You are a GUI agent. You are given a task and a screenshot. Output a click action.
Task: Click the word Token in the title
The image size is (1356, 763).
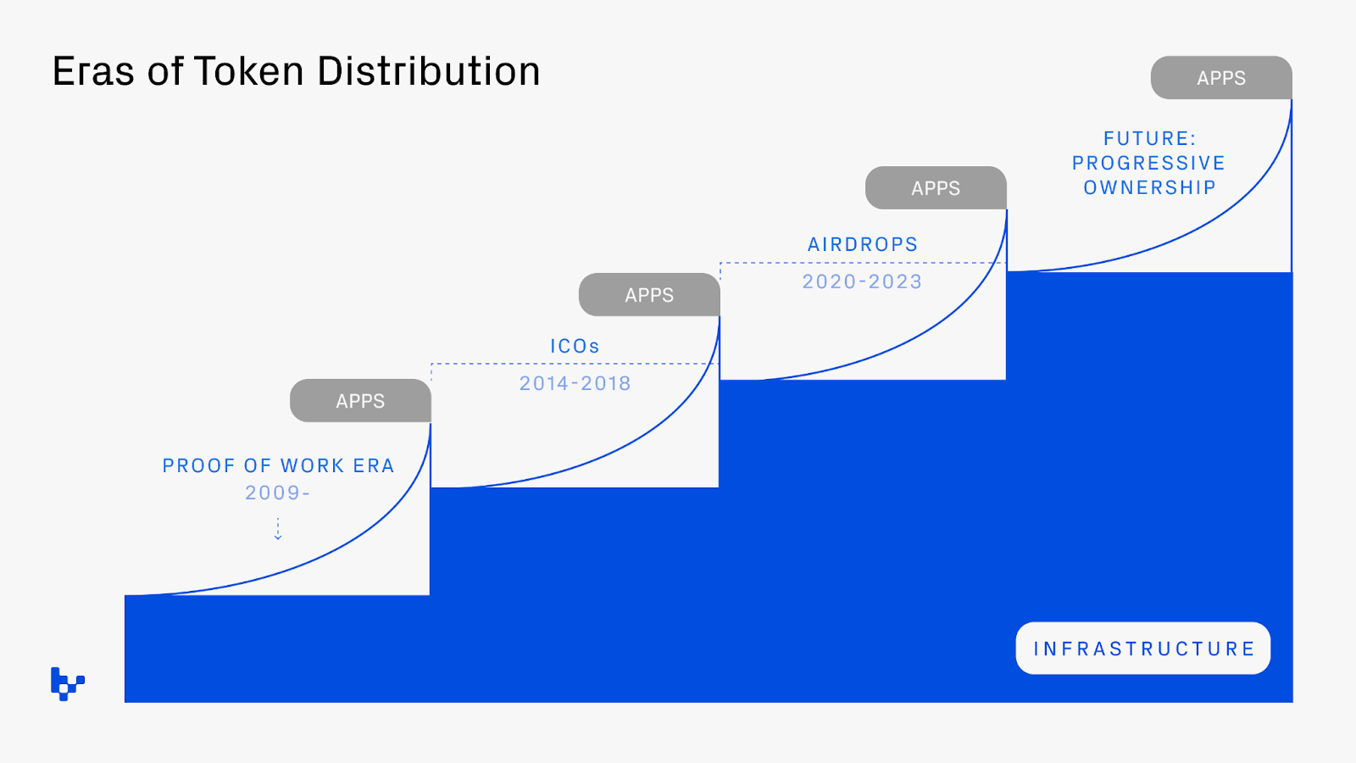tap(248, 71)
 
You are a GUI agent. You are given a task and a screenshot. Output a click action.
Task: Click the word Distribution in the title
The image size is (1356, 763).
tap(429, 71)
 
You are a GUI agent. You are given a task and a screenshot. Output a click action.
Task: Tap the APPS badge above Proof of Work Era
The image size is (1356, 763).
tap(360, 401)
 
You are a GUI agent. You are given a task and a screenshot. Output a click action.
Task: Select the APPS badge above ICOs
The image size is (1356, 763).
tap(649, 295)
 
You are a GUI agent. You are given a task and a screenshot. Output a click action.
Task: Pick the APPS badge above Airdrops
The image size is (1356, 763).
tap(936, 188)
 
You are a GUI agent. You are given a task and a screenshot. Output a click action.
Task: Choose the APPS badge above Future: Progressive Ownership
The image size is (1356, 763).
tap(1221, 78)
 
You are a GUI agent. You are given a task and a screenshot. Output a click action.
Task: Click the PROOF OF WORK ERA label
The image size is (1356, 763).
tap(278, 465)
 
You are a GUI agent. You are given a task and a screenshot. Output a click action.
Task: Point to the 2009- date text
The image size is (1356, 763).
tap(278, 493)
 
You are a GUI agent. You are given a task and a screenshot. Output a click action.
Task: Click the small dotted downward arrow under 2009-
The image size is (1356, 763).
tap(278, 529)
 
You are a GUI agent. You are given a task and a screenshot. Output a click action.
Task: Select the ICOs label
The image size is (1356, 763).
tap(575, 346)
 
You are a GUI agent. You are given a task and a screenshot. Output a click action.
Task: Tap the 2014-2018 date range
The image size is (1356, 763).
tap(575, 383)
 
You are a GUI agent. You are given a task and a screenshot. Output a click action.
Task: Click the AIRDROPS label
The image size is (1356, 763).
tap(863, 244)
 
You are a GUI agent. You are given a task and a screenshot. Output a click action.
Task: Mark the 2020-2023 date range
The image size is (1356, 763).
tap(862, 281)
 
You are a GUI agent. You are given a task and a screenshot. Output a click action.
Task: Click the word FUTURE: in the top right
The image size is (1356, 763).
tap(1149, 138)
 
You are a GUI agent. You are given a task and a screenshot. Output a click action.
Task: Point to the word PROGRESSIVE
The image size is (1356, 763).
tap(1148, 163)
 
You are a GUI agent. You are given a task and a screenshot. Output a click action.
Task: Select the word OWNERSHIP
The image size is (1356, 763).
tap(1149, 187)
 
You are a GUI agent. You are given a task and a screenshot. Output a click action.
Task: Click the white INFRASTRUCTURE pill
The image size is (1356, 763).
tap(1142, 649)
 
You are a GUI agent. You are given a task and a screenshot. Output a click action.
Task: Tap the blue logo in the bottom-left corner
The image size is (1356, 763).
tap(67, 683)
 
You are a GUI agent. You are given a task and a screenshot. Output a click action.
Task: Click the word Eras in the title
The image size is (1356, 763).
tap(93, 71)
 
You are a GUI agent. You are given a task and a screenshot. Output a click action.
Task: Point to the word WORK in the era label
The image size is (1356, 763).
tap(312, 465)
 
